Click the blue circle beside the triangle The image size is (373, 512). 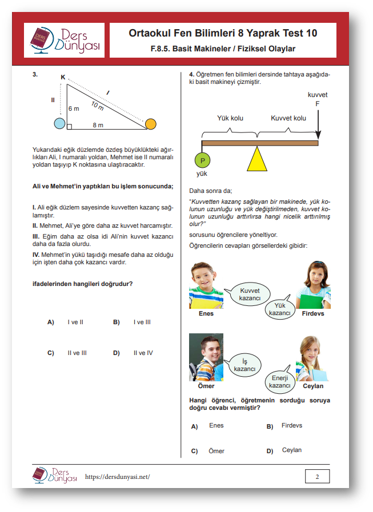pyautogui.click(x=59, y=123)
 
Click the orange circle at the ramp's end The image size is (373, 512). pyautogui.click(x=150, y=124)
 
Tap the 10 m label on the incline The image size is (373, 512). pyautogui.click(x=97, y=105)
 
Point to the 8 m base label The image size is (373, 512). pyautogui.click(x=98, y=125)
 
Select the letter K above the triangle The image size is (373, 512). pyautogui.click(x=63, y=77)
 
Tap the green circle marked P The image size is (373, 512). pyautogui.click(x=202, y=160)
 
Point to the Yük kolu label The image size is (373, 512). pyautogui.click(x=230, y=118)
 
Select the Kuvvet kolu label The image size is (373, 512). pyautogui.click(x=288, y=118)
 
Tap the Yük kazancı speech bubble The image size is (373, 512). pyautogui.click(x=279, y=309)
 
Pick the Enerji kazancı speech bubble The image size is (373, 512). pyautogui.click(x=280, y=381)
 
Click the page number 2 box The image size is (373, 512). pyautogui.click(x=317, y=476)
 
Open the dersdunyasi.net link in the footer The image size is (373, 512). pyautogui.click(x=117, y=477)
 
